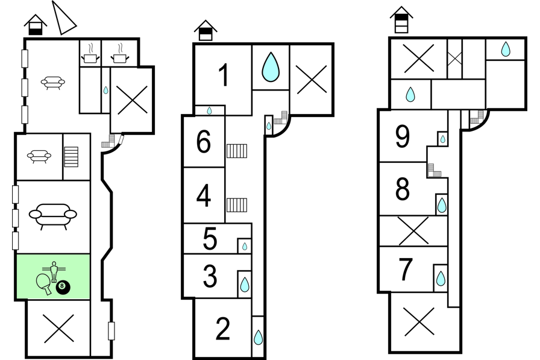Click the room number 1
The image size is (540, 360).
[224, 75]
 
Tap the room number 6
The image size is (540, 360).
[204, 142]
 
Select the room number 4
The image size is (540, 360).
[204, 195]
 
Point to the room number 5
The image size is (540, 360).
[210, 238]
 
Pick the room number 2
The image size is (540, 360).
[223, 329]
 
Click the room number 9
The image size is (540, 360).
[403, 136]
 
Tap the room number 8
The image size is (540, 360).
[403, 189]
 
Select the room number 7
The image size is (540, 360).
[406, 269]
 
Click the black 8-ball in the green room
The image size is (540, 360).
[63, 288]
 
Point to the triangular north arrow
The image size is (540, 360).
[63, 18]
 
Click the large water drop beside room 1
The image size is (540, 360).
[271, 67]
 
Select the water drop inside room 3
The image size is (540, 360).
[245, 285]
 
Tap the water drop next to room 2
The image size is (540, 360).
[259, 337]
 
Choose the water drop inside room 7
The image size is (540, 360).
[441, 279]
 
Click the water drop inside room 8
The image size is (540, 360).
[442, 205]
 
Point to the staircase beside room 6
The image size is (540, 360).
[237, 151]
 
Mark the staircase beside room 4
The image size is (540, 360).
[237, 205]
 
